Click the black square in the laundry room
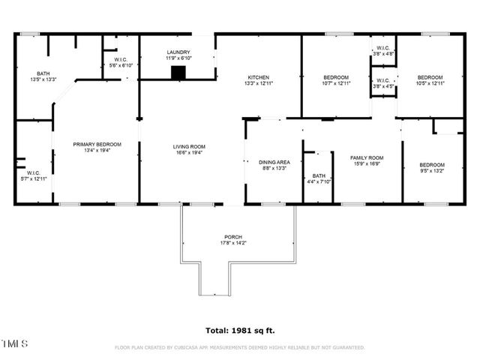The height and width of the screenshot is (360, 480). pyautogui.click(x=178, y=72)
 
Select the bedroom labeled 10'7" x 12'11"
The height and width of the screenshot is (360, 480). pyautogui.click(x=336, y=80)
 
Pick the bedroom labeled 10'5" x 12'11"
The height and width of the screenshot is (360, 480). pyautogui.click(x=430, y=80)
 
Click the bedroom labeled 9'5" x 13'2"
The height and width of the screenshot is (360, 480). pyautogui.click(x=431, y=168)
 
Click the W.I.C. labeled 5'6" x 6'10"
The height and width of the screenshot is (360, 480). pyautogui.click(x=121, y=62)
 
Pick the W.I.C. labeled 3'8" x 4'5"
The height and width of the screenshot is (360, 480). pyautogui.click(x=383, y=83)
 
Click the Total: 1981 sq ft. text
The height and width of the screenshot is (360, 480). pyautogui.click(x=239, y=330)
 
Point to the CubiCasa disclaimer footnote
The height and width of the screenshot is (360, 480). pyautogui.click(x=239, y=347)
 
